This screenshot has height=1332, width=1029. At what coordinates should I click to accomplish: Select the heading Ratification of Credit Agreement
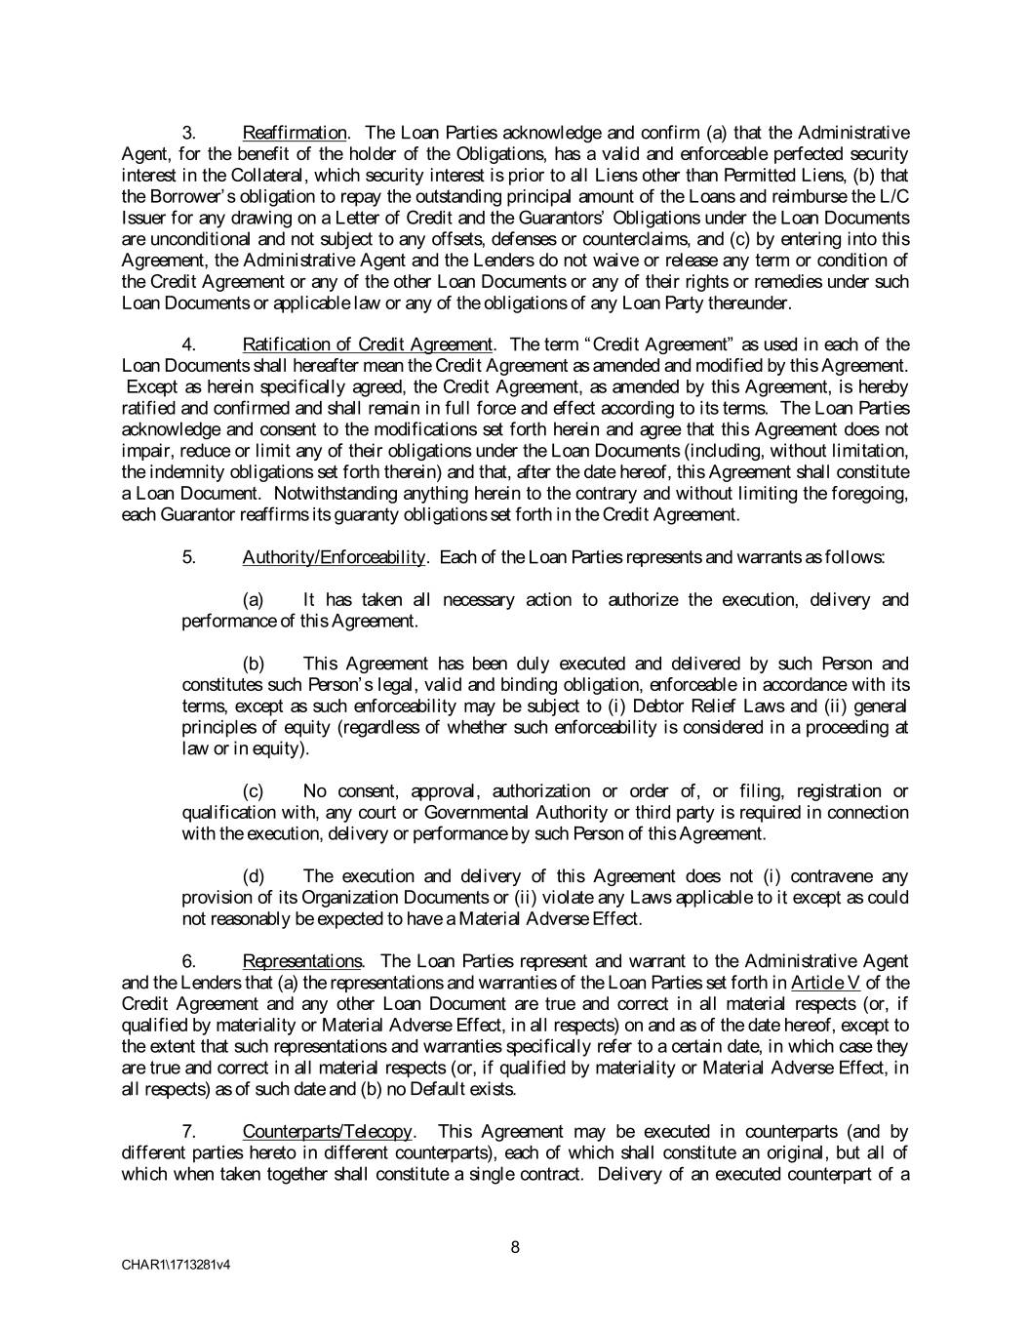tap(368, 344)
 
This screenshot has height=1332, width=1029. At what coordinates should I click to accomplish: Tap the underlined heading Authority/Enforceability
tap(335, 557)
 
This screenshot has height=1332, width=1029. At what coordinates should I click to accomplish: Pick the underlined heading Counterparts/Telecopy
tap(328, 1132)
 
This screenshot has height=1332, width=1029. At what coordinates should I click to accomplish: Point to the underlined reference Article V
tap(825, 983)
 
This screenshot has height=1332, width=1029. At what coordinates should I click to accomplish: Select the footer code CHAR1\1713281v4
tap(177, 1266)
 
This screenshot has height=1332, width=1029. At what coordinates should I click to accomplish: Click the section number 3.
tap(190, 133)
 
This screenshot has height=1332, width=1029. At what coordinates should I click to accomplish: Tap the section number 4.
tap(190, 344)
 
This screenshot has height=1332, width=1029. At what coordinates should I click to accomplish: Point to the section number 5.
tap(190, 557)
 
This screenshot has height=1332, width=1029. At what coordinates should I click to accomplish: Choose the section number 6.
tap(190, 961)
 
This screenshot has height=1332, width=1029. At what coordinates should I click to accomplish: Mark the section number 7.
tap(190, 1132)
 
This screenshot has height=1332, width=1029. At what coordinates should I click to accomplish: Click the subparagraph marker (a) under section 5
tap(253, 600)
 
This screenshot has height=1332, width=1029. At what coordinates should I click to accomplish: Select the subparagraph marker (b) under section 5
tap(253, 665)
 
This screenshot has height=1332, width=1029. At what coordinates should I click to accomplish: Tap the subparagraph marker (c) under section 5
tap(253, 791)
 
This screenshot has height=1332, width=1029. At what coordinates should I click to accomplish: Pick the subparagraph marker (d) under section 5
tap(253, 876)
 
